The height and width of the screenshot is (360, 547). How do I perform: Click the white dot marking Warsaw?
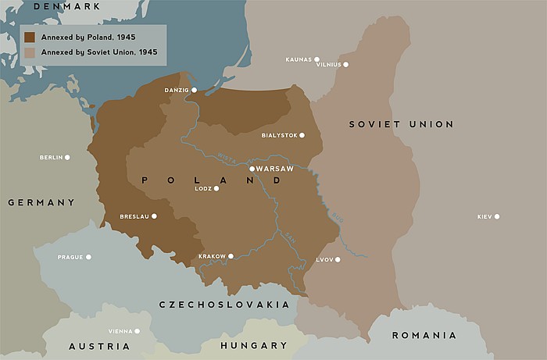pos(252,169)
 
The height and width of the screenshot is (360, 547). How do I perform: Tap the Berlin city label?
pos(51,158)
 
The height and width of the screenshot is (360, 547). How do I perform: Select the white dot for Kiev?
pos(496,216)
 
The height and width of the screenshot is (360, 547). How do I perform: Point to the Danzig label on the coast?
pos(177,90)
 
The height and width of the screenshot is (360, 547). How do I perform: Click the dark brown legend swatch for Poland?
pos(29,37)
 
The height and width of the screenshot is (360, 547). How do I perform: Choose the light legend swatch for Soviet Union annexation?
pos(29,53)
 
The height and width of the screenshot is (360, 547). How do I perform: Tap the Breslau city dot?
pos(154,216)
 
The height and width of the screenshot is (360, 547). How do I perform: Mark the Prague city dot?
pos(88,257)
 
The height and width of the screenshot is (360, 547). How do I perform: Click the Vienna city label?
pos(119,331)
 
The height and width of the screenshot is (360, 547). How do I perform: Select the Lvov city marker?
pos(338,259)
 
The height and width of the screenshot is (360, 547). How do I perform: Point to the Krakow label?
pos(211,256)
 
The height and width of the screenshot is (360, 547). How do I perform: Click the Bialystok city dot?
pos(302,135)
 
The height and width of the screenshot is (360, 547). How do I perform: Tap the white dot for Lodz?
pos(216,188)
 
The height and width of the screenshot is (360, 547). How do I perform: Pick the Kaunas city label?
pos(299,59)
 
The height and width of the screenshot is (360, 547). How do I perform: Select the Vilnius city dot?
pos(345,65)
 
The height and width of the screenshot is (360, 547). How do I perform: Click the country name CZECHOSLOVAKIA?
pos(224,305)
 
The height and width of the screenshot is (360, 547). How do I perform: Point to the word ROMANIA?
pos(424,335)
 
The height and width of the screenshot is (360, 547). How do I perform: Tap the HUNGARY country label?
pos(254,345)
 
